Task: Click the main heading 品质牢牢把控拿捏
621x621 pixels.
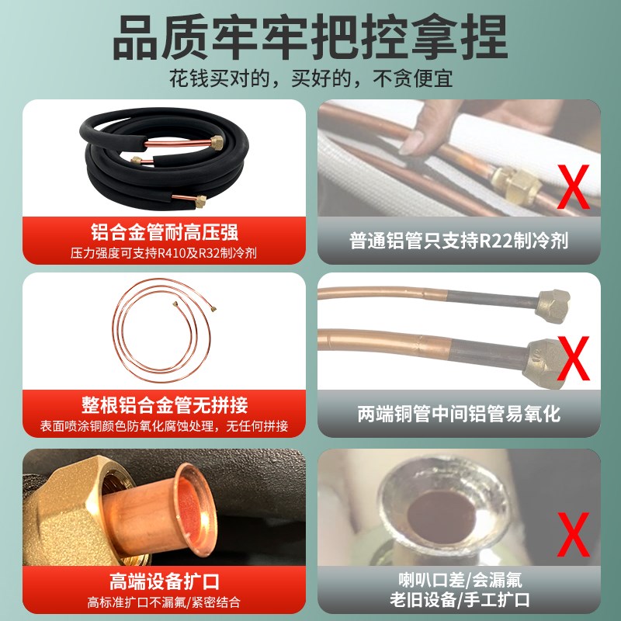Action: [x=310, y=35]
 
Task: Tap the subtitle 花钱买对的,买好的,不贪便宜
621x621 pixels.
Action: [x=310, y=78]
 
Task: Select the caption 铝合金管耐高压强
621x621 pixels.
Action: [x=164, y=232]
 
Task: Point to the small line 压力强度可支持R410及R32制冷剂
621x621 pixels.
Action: [x=164, y=252]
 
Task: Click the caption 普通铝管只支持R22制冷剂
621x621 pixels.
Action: [x=459, y=240]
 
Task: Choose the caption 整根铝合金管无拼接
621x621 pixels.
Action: [x=164, y=406]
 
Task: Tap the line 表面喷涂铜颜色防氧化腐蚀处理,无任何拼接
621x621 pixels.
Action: [x=164, y=426]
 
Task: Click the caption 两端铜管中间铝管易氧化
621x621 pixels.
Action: [x=459, y=413]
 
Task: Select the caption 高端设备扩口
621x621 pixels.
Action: [x=164, y=581]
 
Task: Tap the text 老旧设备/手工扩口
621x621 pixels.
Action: [x=459, y=600]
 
